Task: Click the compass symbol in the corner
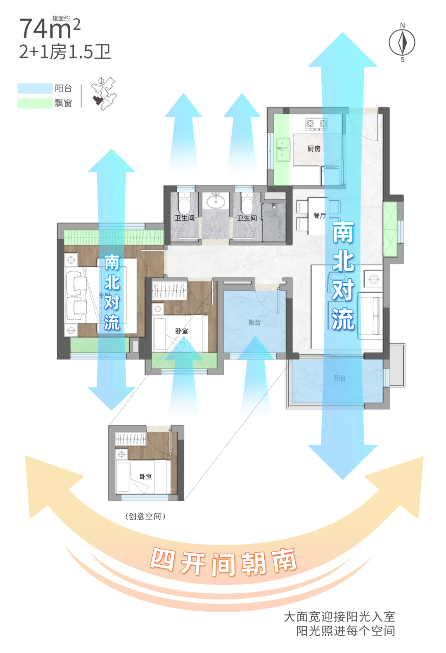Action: pos(402,42)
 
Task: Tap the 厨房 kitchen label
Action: pos(314,148)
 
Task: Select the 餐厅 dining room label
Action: pos(319,215)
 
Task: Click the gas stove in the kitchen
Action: pos(317,123)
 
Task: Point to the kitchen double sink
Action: pos(283,150)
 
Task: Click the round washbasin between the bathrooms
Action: pos(216,202)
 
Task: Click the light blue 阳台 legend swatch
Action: pos(35,88)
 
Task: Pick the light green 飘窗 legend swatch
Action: pos(35,103)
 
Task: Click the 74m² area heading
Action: pos(50,29)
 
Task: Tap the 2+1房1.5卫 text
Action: pos(65,52)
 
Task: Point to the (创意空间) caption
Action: pos(145,516)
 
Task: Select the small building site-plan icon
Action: pos(103,93)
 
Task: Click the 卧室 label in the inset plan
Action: pos(145,477)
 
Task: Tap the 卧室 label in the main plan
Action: pos(181,331)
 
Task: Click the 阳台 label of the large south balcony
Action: pos(339,378)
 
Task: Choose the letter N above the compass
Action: pos(402,26)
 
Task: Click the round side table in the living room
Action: pos(374,279)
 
